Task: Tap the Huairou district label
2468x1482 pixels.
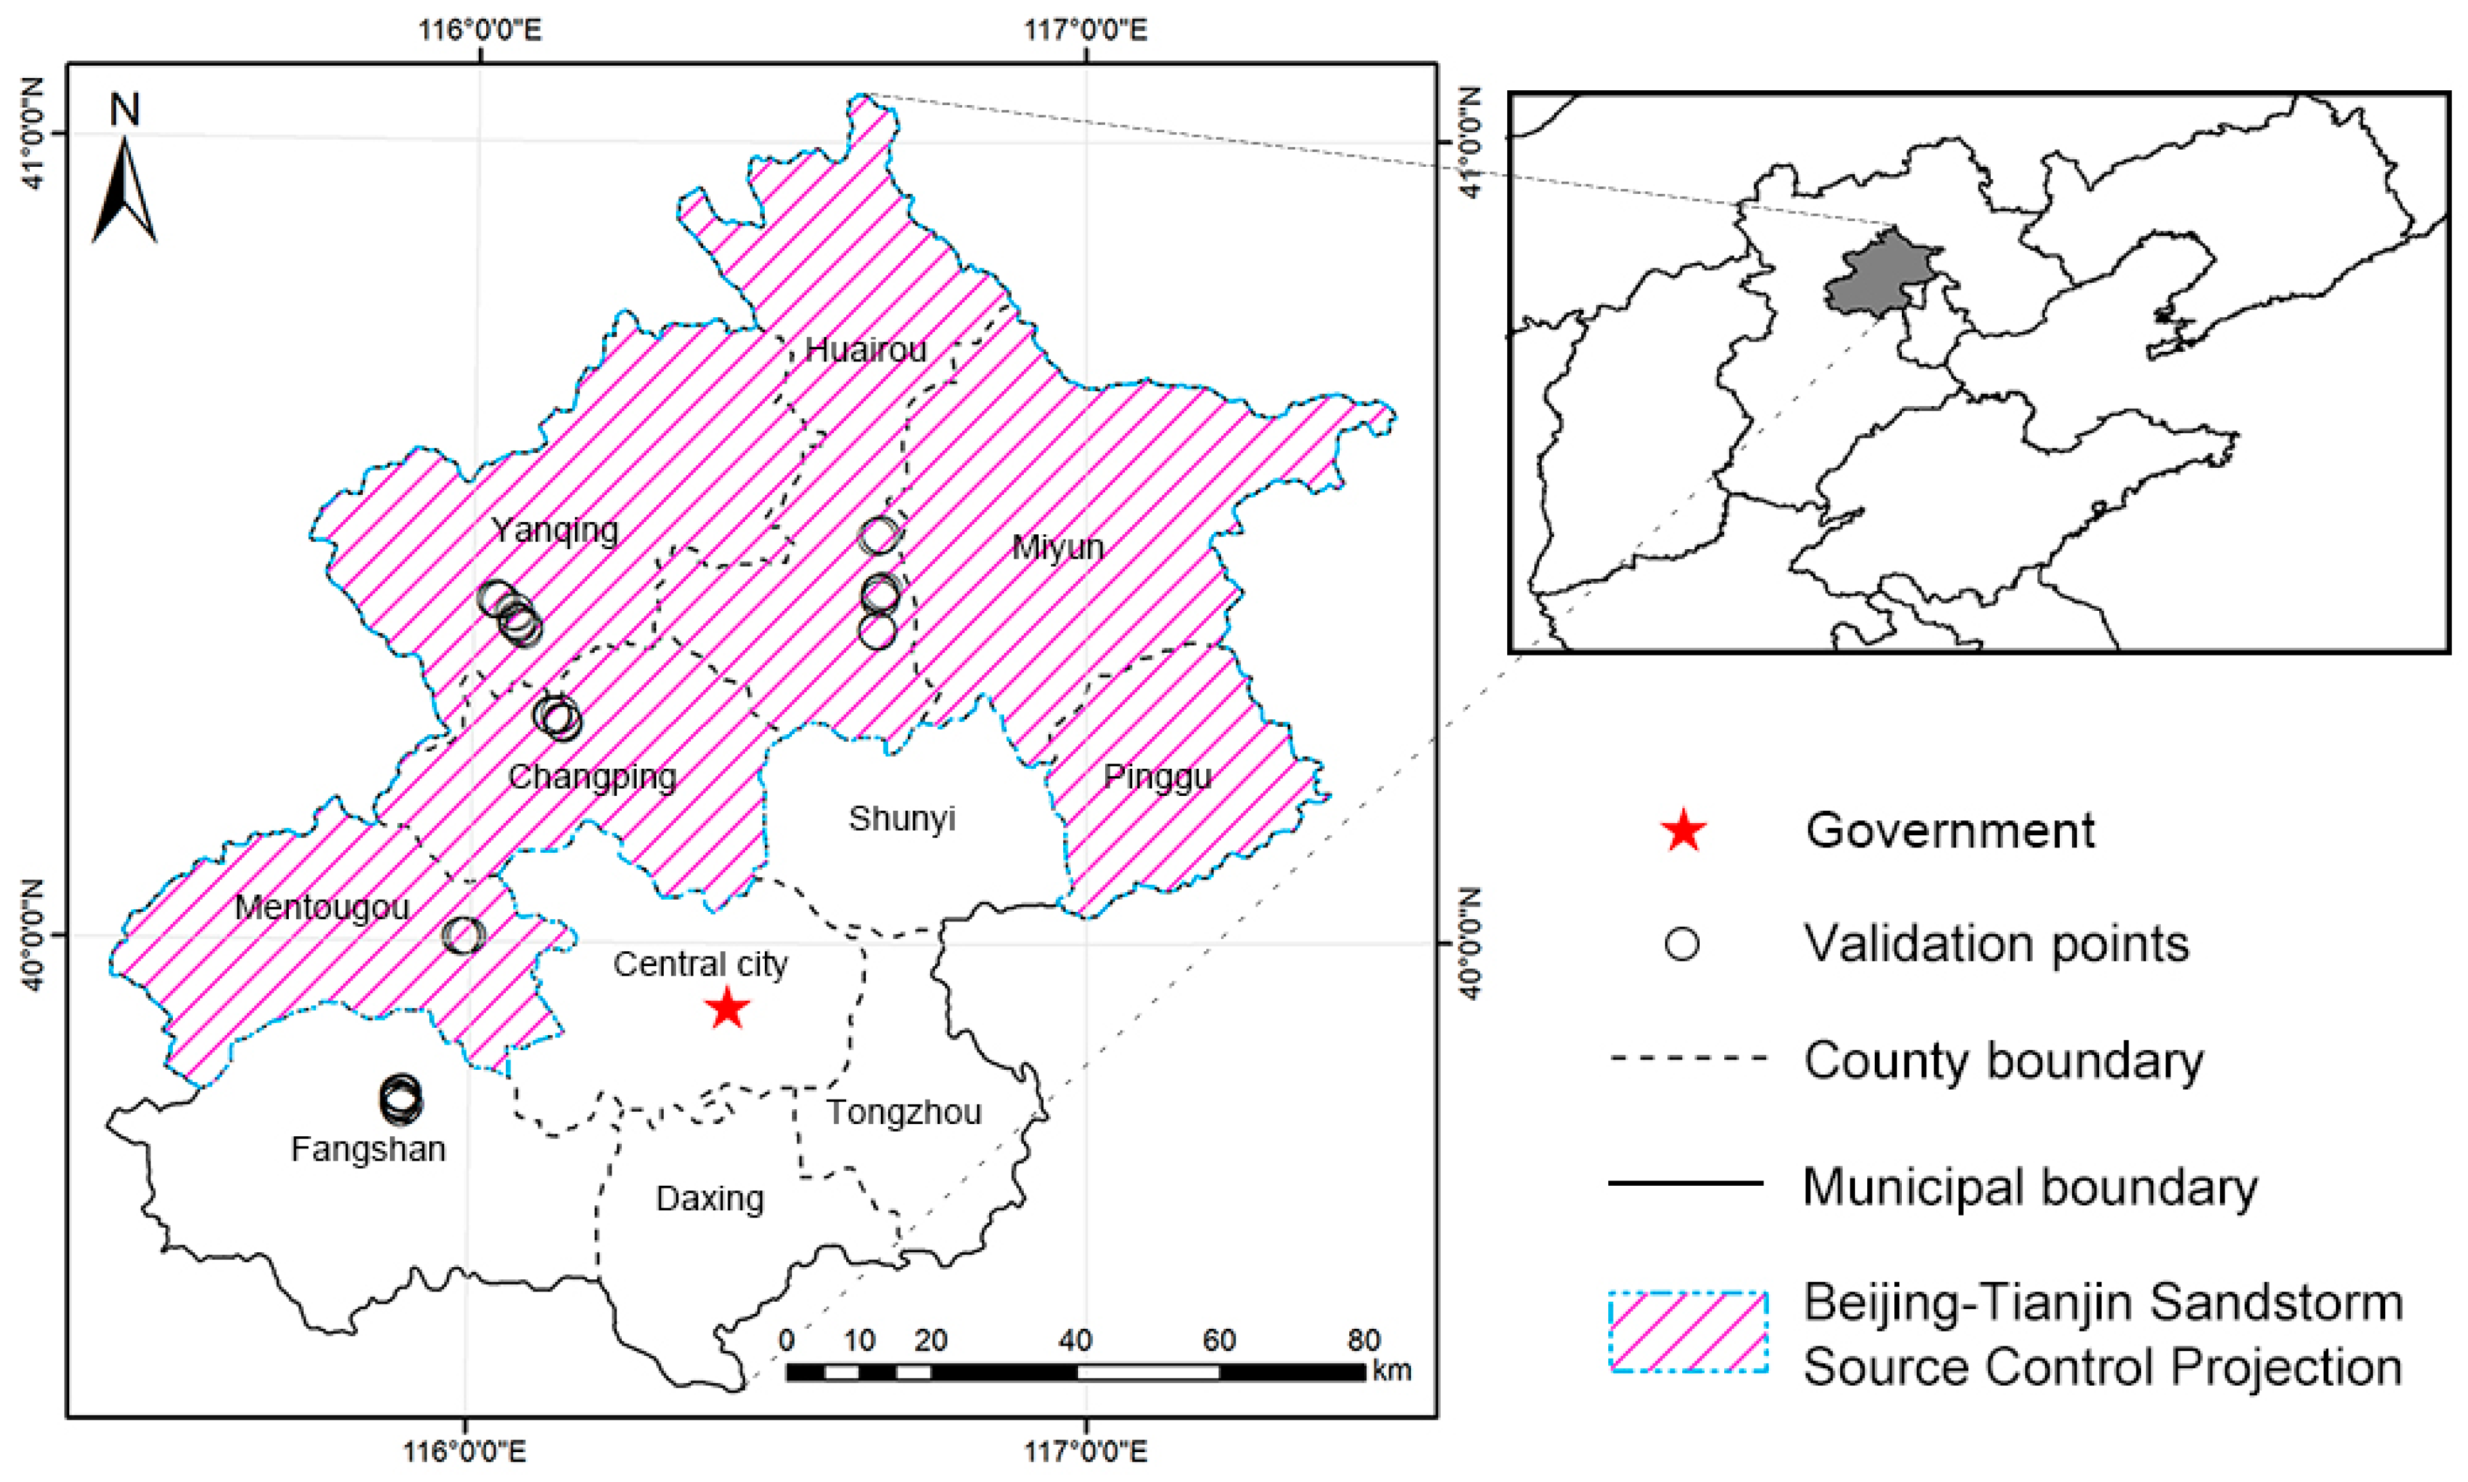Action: (865, 350)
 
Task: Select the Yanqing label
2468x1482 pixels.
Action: (555, 529)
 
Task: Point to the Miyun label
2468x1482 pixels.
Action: (1057, 546)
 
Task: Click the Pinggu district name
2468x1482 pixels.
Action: (1157, 776)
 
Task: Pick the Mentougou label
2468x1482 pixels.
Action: (321, 907)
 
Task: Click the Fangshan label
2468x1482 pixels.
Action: (367, 1148)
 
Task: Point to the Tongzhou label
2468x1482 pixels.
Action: (903, 1112)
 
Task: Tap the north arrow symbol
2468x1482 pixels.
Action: (125, 190)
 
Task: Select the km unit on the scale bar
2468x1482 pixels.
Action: (1391, 1370)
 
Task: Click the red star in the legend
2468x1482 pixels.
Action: (1683, 831)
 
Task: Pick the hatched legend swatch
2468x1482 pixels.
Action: (1688, 1332)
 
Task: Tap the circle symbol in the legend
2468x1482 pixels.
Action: (1683, 944)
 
